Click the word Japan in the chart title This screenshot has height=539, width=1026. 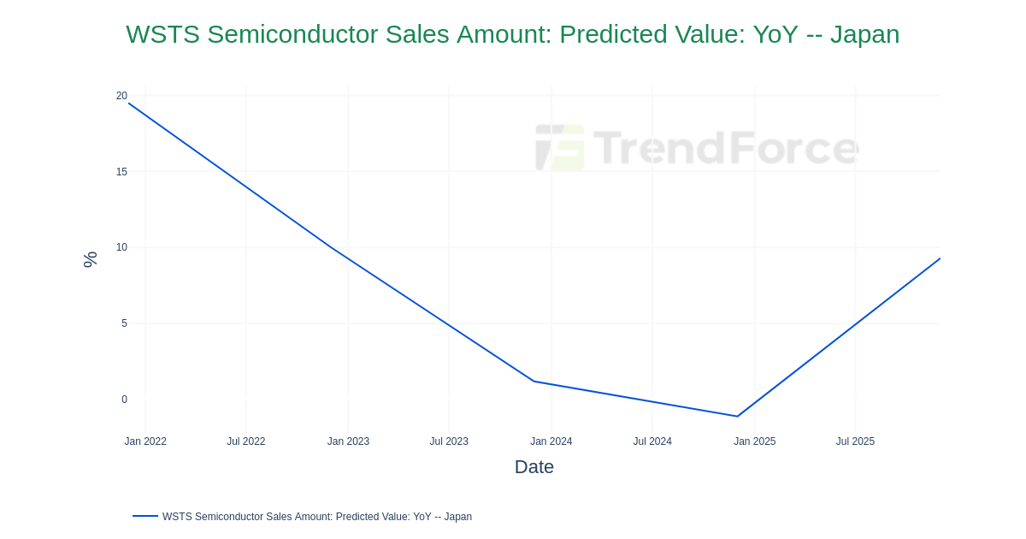tap(864, 34)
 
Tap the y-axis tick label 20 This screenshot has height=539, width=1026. tap(121, 96)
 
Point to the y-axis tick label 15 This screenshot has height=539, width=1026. tap(121, 172)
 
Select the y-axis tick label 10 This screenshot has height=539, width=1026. tap(121, 247)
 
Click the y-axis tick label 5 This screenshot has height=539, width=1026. tap(124, 323)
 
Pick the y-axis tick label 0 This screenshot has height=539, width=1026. tap(124, 400)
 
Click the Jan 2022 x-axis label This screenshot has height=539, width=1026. tap(145, 441)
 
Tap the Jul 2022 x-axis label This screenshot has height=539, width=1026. tap(246, 441)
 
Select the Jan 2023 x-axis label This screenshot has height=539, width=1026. tap(348, 441)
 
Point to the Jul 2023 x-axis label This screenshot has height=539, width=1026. tap(449, 441)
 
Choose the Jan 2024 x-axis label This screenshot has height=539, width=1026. tap(551, 441)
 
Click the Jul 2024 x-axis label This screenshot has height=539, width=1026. tap(652, 441)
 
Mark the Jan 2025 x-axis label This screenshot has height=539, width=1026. tap(754, 441)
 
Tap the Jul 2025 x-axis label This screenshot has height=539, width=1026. tap(855, 441)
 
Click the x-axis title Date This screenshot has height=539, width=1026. tap(534, 467)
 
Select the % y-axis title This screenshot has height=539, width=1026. tap(90, 259)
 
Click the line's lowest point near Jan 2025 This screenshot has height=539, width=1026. tap(737, 417)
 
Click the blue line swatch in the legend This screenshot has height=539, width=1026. tap(145, 516)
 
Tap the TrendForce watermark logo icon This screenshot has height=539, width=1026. tap(560, 147)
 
